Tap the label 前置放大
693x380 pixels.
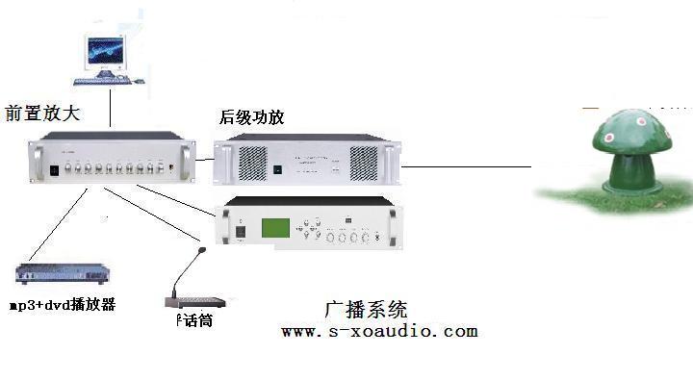[x=41, y=114]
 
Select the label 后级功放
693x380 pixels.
[x=252, y=118]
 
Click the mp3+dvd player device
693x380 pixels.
[x=60, y=276]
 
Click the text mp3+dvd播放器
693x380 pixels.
[x=63, y=304]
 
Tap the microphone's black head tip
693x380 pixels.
[x=201, y=251]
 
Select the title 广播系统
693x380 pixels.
[x=366, y=310]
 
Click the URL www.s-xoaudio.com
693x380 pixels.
[x=379, y=331]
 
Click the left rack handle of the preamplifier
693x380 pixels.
[x=36, y=164]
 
